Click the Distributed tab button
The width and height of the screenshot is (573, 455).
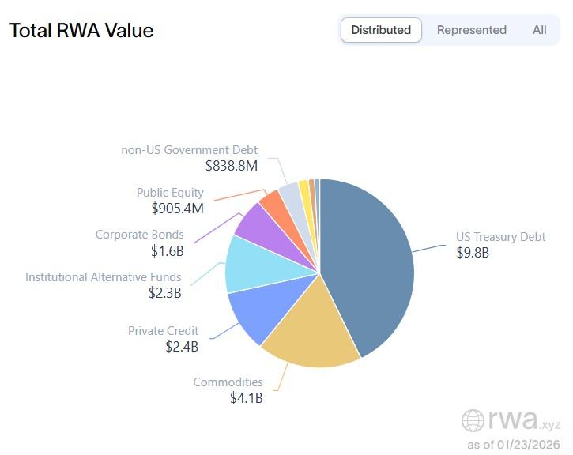[x=381, y=30]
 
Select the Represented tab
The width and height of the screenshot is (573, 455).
[x=471, y=30]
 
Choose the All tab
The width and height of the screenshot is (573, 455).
[x=539, y=30]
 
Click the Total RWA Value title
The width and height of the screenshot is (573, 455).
[x=81, y=31]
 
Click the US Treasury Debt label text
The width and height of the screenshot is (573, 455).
[x=500, y=237]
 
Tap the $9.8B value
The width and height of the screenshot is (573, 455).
[x=473, y=253]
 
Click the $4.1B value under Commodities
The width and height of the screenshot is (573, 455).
[x=246, y=398]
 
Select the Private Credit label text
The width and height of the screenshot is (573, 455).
[x=163, y=331]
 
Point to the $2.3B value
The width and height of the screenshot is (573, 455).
[x=164, y=292]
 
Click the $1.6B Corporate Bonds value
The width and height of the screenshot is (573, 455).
[x=167, y=250]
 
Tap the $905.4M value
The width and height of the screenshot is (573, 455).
[x=177, y=209]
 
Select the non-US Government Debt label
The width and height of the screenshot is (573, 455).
[x=189, y=150]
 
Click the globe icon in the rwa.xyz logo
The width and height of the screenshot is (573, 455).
[x=473, y=421]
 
